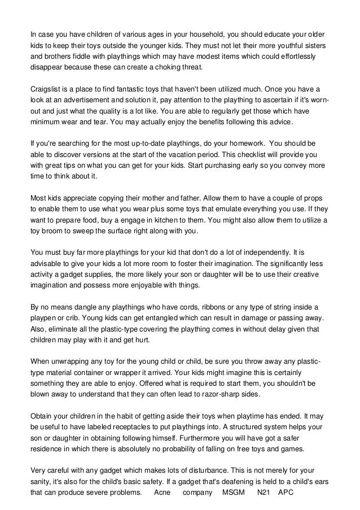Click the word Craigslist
(47, 90)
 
